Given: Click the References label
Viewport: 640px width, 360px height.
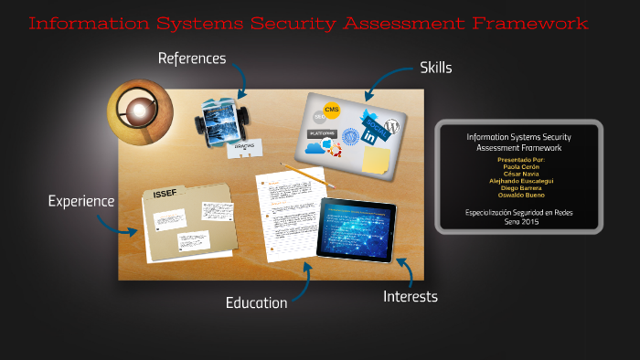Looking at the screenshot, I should click(191, 58).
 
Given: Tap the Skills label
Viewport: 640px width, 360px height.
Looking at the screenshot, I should click(435, 68).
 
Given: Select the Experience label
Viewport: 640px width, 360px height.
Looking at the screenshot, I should click(81, 201).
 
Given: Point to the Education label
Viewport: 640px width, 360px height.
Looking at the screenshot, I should click(257, 302).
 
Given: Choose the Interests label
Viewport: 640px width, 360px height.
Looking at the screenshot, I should click(410, 296).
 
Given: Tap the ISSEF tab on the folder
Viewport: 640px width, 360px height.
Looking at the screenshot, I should click(165, 193).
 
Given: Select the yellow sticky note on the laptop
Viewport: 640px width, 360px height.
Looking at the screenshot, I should click(376, 160).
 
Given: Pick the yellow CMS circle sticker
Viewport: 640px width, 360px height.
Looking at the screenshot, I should click(332, 111).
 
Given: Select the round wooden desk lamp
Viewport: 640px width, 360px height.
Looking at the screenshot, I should click(139, 111).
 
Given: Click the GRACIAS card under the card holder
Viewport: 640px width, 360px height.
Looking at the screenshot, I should click(244, 145).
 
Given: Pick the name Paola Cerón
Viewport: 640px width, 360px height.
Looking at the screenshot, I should click(518, 166).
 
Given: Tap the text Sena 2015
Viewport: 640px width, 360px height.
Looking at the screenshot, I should click(518, 221).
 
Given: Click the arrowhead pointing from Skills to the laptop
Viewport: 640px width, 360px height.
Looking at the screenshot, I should click(368, 97).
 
